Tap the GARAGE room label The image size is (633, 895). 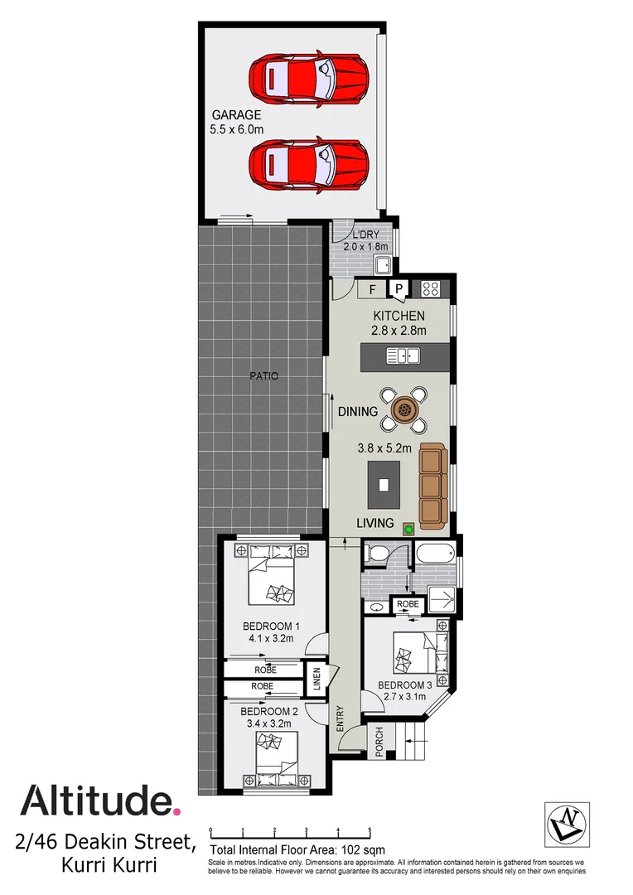tap(236, 115)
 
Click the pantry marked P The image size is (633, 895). tap(399, 289)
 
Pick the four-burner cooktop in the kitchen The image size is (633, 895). tap(430, 289)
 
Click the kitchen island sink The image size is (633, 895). tap(403, 356)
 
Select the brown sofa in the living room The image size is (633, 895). tap(432, 486)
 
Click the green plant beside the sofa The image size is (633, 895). tap(408, 526)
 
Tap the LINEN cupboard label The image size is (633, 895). tap(316, 680)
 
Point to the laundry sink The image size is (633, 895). tap(383, 266)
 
